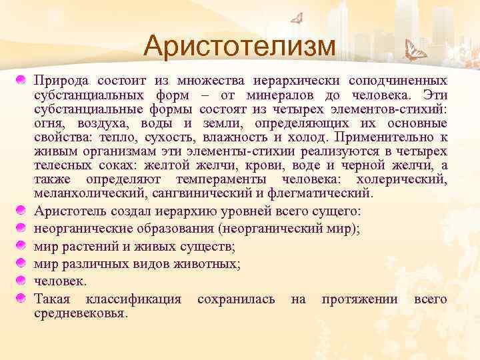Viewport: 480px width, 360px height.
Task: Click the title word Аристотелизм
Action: [x=239, y=47]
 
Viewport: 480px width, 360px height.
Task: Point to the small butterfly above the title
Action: [x=297, y=19]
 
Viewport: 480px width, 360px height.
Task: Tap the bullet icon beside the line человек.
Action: [x=23, y=281]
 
